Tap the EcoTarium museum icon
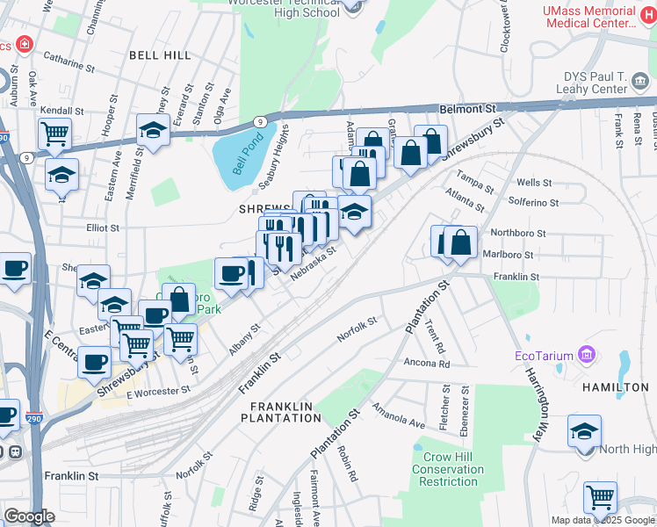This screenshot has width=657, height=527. coord(588,356)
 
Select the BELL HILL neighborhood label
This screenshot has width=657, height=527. coord(159,54)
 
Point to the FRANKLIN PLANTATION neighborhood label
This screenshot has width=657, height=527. coord(285,412)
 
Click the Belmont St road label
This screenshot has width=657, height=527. coord(469,108)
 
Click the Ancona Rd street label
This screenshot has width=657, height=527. coord(427,363)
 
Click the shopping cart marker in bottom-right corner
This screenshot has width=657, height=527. coord(600,497)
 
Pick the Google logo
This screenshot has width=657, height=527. coord(29,516)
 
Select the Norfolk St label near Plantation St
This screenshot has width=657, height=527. coord(357,330)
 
